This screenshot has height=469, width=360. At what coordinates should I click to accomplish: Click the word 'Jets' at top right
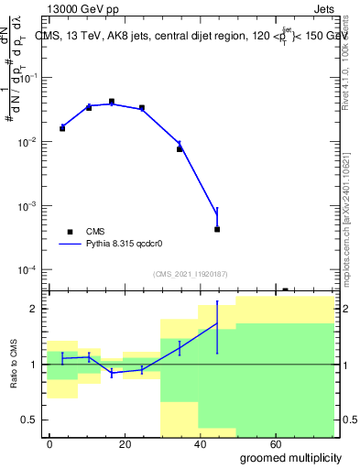(x=322, y=8)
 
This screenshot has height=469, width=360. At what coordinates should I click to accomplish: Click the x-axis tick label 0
(x=49, y=442)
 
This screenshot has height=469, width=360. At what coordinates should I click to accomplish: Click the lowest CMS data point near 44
(x=217, y=229)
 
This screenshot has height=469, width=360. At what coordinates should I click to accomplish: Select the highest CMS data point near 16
(x=112, y=102)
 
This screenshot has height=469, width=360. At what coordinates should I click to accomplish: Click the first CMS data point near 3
(x=62, y=128)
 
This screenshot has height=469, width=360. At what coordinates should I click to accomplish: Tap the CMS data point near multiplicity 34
(x=180, y=148)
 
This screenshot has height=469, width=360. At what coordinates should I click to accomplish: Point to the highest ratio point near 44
(x=217, y=323)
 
